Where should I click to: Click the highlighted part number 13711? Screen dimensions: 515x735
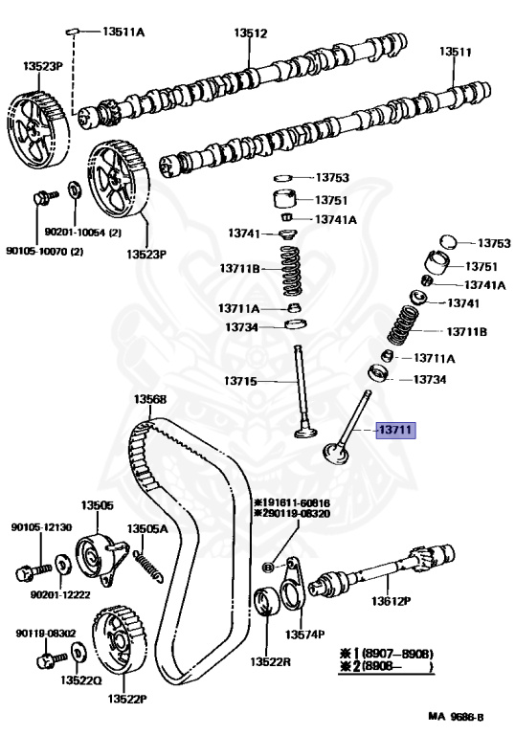(396, 430)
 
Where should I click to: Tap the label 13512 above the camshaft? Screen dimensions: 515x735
(251, 33)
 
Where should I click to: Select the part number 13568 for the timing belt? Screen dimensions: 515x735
(150, 399)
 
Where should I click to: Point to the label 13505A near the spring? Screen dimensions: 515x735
(147, 528)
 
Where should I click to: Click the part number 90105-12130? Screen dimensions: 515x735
(42, 527)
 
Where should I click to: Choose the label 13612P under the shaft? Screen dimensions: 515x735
(392, 600)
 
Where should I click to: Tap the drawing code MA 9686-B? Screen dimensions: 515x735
(456, 717)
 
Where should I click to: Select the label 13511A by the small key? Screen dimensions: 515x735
(123, 32)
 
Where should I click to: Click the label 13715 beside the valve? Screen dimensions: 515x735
(240, 381)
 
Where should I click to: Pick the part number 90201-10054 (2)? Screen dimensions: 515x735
(83, 233)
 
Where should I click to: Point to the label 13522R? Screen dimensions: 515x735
(270, 661)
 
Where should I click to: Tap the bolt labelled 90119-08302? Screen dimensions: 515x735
(52, 659)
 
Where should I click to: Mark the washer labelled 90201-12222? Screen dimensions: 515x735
(62, 564)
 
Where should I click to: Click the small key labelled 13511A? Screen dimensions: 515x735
(71, 32)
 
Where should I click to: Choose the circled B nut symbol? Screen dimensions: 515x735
(268, 568)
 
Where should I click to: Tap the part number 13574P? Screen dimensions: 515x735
(304, 635)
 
